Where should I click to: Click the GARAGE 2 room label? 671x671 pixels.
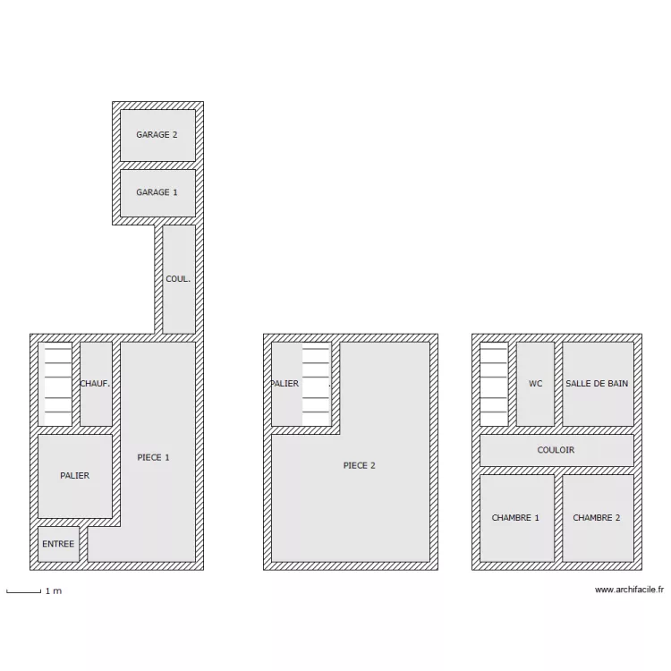point(157,134)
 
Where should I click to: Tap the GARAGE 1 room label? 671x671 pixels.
point(157,192)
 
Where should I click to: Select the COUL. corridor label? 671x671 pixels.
point(178,278)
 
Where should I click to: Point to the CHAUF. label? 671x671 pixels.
point(95,384)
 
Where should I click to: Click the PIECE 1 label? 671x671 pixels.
point(153,457)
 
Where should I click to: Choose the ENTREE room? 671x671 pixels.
point(59,544)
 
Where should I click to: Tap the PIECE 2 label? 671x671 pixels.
point(359,465)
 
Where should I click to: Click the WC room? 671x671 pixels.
point(535,384)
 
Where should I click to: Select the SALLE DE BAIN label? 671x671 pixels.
point(597,384)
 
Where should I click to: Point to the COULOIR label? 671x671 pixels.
point(556,450)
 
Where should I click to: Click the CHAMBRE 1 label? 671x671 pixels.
point(515,518)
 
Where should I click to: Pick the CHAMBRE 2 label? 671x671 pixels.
point(597,518)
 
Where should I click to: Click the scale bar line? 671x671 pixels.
point(24,592)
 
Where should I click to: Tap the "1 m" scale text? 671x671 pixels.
point(54,591)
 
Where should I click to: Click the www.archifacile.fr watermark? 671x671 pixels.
point(629,590)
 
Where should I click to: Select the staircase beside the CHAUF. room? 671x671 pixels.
point(58,384)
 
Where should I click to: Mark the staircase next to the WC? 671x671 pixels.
point(494,384)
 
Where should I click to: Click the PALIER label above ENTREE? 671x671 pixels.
point(75,475)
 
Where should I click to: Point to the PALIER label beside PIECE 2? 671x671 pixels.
point(285,384)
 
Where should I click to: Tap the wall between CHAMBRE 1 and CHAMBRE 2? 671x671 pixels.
point(558,518)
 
